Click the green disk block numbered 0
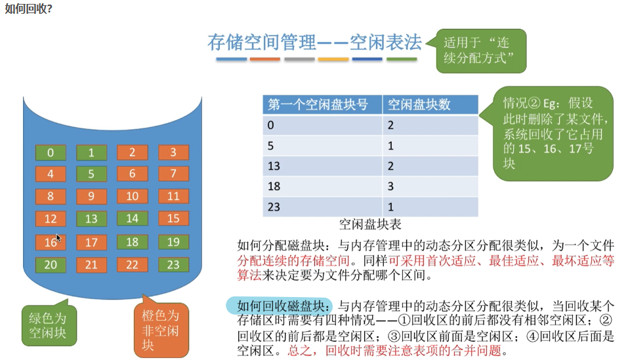click(x=51, y=153)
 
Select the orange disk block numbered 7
click(x=173, y=174)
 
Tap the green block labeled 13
click(x=91, y=219)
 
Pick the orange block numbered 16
click(x=51, y=242)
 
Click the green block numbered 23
click(x=173, y=264)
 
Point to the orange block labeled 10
click(x=133, y=196)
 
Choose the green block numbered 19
click(x=173, y=242)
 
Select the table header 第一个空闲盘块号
click(x=322, y=104)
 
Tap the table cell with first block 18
click(x=322, y=186)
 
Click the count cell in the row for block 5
click(x=430, y=145)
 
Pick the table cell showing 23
click(x=322, y=207)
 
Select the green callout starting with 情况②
click(x=553, y=132)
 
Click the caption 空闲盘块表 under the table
click(x=370, y=224)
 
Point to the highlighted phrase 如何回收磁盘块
click(x=280, y=306)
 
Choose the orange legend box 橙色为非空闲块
click(x=161, y=329)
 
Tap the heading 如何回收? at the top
click(x=29, y=10)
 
